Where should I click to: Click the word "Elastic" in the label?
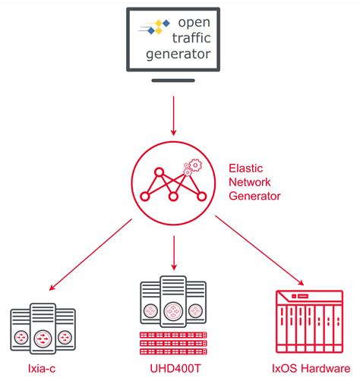[245, 168]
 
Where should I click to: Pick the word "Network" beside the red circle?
[250, 181]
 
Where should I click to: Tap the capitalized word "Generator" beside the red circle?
[254, 196]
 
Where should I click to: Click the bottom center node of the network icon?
[174, 197]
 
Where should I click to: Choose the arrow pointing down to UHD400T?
[174, 253]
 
